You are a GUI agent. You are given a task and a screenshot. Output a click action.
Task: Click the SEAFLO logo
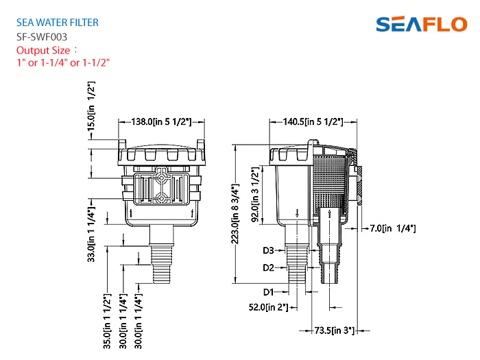pyautogui.click(x=422, y=24)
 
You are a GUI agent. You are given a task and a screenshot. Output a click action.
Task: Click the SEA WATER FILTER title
pyautogui.click(x=58, y=23)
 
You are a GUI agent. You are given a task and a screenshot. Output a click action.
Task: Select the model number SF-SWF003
pyautogui.click(x=42, y=37)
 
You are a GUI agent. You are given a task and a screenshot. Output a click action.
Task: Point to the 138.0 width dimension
pyautogui.click(x=161, y=122)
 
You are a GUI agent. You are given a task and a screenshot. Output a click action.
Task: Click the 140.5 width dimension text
pyautogui.click(x=313, y=122)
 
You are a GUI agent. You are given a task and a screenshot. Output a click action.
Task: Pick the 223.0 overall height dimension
pyautogui.click(x=235, y=214)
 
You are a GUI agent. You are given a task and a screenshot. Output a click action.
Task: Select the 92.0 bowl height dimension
pyautogui.click(x=255, y=194)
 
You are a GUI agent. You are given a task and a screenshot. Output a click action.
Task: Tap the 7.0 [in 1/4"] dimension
pyautogui.click(x=393, y=228)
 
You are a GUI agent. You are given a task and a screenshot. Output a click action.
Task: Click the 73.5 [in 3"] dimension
pyautogui.click(x=335, y=331)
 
